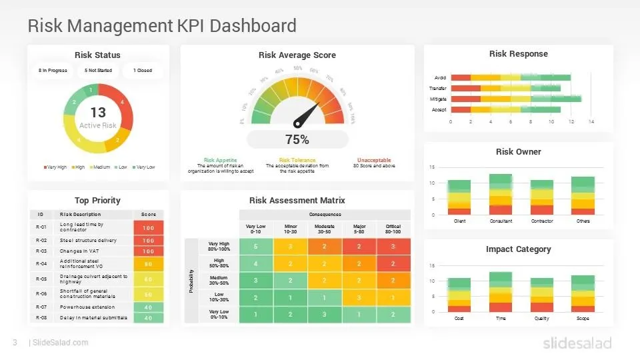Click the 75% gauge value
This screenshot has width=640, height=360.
(297, 140)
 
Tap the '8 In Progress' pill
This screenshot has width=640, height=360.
(53, 70)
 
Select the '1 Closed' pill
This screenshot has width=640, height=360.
(142, 70)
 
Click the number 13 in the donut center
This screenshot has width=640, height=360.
(98, 113)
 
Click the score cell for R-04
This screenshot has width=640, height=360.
(148, 264)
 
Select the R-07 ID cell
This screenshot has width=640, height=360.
(41, 307)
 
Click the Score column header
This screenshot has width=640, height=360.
(148, 215)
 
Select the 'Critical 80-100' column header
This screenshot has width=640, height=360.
(393, 229)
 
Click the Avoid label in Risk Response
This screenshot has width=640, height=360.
(439, 78)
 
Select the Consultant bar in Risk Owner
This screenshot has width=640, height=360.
(501, 195)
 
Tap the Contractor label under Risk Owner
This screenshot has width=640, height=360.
(541, 221)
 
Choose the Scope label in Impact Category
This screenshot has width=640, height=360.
(582, 318)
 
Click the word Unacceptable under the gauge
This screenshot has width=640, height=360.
(375, 160)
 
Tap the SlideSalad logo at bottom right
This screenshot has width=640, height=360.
(576, 343)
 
